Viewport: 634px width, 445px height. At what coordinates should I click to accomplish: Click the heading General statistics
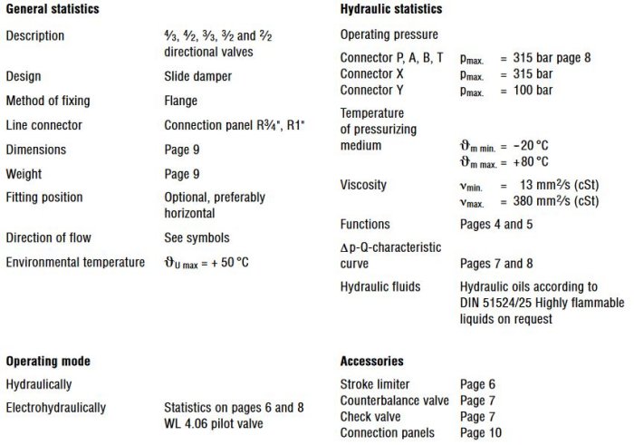(x=52, y=9)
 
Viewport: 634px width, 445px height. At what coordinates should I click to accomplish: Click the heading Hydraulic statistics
(x=391, y=9)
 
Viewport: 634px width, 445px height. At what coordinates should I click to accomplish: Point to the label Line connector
(x=43, y=124)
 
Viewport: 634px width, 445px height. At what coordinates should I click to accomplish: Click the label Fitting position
(x=43, y=197)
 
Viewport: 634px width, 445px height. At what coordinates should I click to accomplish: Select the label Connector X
(x=371, y=73)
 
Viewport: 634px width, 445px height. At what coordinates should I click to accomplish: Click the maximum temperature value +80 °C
(x=530, y=161)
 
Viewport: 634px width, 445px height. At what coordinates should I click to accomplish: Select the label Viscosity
(x=363, y=185)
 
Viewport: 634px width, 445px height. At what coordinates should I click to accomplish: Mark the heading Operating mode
(x=47, y=361)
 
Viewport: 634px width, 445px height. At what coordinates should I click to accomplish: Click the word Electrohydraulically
(x=55, y=408)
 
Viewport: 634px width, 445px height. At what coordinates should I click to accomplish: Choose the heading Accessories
(x=371, y=361)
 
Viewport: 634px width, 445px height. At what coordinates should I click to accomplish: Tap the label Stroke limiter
(x=375, y=384)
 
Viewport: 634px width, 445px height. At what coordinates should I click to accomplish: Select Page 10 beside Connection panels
(x=481, y=433)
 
